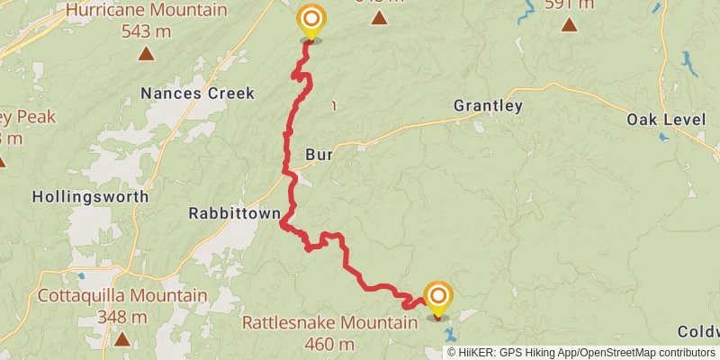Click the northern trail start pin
point(311,21)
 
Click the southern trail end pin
point(438,298)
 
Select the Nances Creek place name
point(198,93)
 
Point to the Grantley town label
point(488,105)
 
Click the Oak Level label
point(664,120)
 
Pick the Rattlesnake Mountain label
point(330,322)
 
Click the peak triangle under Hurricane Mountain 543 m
point(146,53)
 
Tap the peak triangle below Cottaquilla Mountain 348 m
point(121,338)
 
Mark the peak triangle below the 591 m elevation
point(569,23)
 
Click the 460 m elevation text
point(330,343)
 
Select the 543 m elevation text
point(146,31)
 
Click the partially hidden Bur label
point(319,155)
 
